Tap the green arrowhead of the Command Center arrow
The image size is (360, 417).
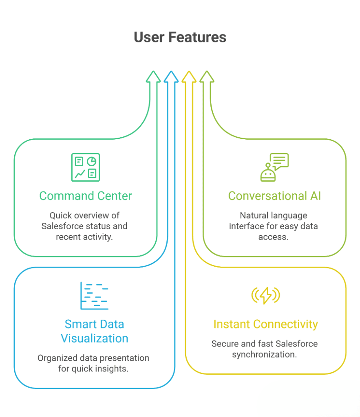[x=153, y=77]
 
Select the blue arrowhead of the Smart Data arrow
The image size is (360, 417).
[x=171, y=77]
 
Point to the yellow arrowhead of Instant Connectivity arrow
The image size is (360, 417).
[x=189, y=77]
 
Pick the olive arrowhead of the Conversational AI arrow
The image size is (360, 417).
[x=207, y=77]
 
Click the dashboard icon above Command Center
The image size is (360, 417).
[x=86, y=167]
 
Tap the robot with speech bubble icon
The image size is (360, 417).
[x=274, y=167]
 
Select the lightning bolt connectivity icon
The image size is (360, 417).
[x=265, y=295]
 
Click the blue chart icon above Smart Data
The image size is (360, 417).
[x=94, y=295]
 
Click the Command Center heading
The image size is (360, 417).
[x=86, y=196]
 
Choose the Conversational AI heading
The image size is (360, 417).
[x=274, y=196]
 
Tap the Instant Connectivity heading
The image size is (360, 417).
[x=265, y=324]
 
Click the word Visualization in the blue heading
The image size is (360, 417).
[x=95, y=338]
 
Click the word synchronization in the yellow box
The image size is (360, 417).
[x=264, y=354]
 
